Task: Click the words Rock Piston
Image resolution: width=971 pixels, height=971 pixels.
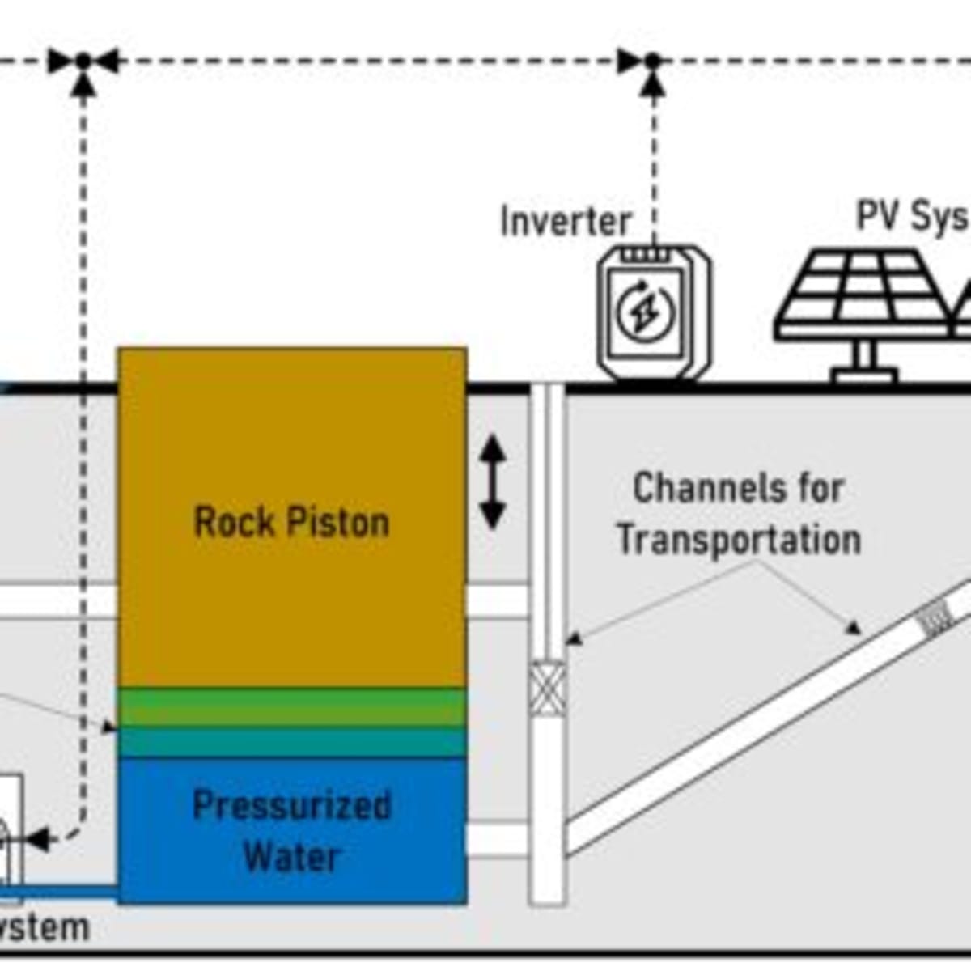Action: coord(291,522)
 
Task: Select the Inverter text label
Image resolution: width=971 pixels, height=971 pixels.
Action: coord(565,221)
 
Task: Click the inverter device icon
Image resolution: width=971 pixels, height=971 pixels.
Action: coord(654,312)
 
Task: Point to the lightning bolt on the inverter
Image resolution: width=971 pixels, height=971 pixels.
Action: coord(644,312)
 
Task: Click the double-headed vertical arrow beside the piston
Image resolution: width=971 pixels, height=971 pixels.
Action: coord(493,482)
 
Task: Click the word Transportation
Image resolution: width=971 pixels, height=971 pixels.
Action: coord(738,540)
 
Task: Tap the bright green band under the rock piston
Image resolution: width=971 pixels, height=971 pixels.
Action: coord(291,707)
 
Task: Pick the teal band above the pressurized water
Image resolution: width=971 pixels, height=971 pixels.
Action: coord(291,742)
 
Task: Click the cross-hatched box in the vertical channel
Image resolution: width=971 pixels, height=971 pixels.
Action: coord(547,688)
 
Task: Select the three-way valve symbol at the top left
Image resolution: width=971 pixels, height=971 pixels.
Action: coord(83,61)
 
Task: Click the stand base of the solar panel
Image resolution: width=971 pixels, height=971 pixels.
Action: coord(864,375)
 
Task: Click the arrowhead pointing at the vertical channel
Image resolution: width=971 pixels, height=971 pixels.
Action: coord(573,639)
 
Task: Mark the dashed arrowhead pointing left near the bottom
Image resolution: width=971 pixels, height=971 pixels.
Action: coord(37,837)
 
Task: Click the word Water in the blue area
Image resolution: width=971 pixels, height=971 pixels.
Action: coord(291,857)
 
